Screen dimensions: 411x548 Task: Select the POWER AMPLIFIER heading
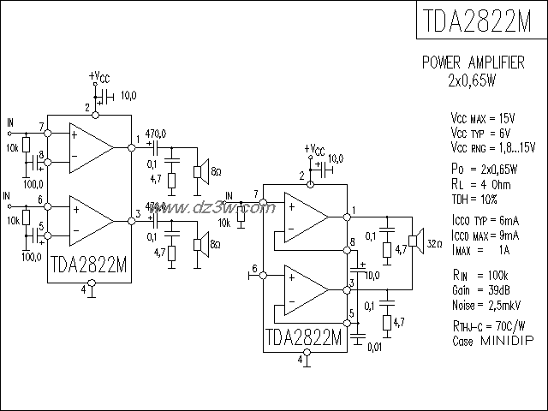point(480,64)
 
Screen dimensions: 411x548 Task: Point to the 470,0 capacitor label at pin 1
point(156,134)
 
